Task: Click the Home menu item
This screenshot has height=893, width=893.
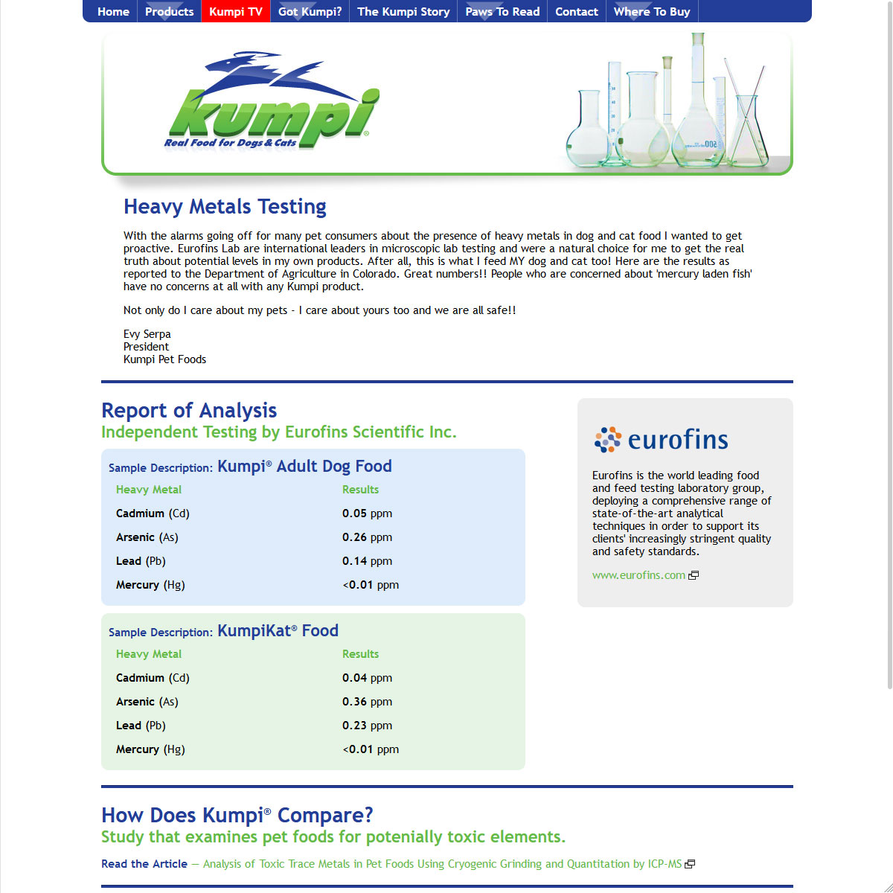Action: point(113,12)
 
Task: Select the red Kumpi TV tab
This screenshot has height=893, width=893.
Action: point(236,12)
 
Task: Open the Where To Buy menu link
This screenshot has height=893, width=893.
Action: point(652,12)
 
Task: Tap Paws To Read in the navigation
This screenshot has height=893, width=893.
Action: point(502,12)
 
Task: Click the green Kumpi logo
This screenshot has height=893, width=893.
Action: point(272,104)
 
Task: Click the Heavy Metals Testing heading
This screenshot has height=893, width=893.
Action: point(225,206)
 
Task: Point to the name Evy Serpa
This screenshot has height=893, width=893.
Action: point(147,334)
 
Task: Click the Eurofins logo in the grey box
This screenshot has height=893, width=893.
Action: point(661,440)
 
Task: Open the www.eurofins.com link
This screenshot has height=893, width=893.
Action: point(638,575)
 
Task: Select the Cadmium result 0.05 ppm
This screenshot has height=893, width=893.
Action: point(367,513)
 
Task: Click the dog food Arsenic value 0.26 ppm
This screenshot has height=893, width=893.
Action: point(367,537)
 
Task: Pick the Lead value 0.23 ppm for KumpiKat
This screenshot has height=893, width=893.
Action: point(367,726)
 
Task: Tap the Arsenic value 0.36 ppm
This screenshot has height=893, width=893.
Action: point(367,702)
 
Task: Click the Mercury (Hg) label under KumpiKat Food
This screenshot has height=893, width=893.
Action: point(150,749)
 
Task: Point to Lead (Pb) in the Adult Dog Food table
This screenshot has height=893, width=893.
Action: point(141,561)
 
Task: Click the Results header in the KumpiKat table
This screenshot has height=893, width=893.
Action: point(360,654)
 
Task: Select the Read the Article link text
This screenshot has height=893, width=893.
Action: point(144,864)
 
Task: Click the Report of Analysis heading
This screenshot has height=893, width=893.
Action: point(189,410)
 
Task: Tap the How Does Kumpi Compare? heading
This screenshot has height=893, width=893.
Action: point(237,815)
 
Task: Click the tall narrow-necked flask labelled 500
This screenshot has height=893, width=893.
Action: point(698,112)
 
